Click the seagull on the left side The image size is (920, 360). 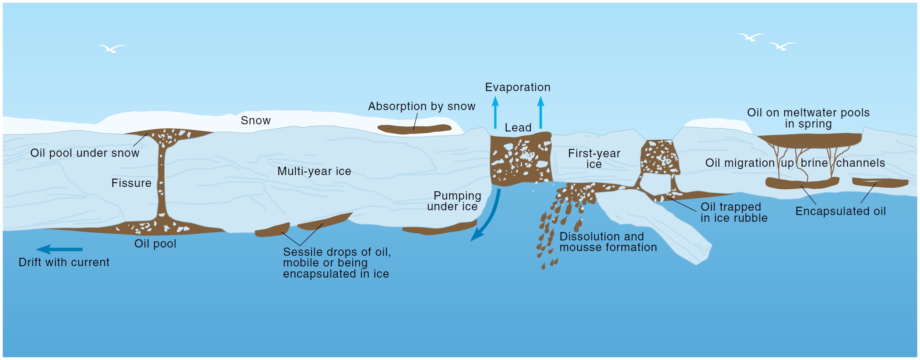[x=112, y=49]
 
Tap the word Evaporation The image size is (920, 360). [x=517, y=87]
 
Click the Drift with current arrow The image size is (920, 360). [x=59, y=250]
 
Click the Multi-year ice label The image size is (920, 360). [x=314, y=171]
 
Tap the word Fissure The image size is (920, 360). [x=131, y=183]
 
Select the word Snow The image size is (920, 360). [x=255, y=120]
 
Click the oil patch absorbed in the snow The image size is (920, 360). [x=414, y=129]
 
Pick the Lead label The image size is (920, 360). [x=518, y=128]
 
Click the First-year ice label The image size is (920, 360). [x=594, y=158]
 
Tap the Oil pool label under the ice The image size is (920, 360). [x=155, y=244]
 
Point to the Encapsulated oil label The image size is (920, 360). [x=840, y=211]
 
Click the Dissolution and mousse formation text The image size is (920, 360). [x=608, y=242]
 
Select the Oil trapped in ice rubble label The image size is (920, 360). [x=734, y=212]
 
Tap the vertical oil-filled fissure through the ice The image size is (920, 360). [x=161, y=182]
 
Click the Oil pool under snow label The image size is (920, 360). [x=85, y=153]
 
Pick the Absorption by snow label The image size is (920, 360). [x=422, y=106]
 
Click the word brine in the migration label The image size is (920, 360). [x=814, y=163]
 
